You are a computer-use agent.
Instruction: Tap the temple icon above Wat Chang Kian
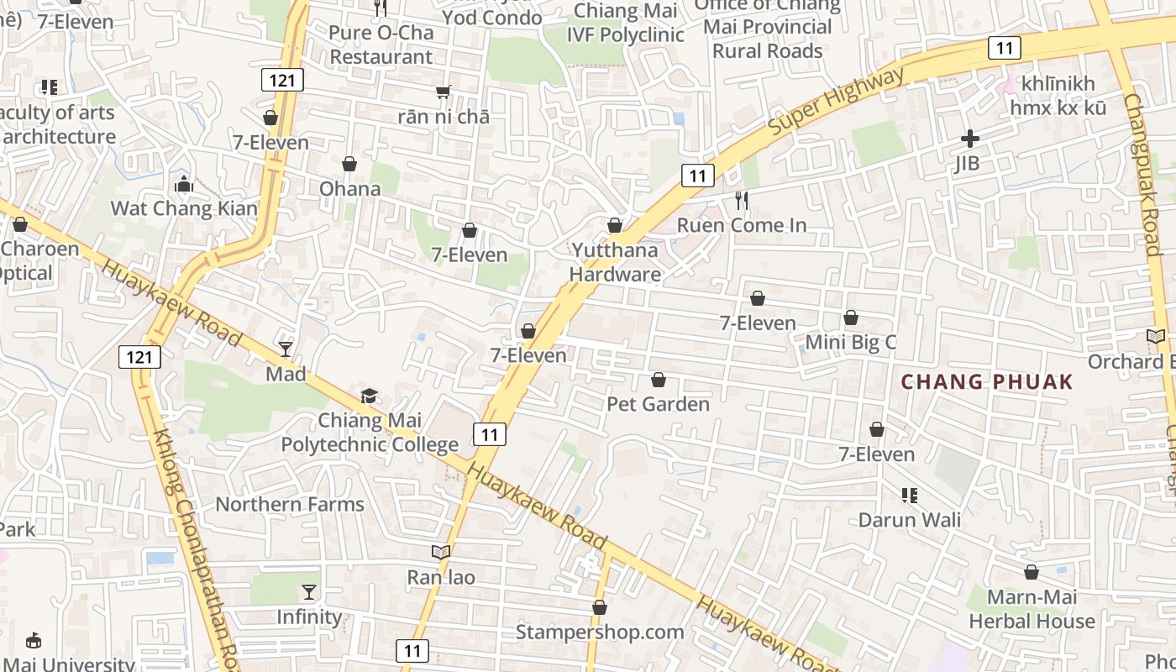(x=183, y=184)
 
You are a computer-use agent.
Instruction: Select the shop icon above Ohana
(x=349, y=164)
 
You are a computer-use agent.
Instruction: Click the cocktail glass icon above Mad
(x=286, y=349)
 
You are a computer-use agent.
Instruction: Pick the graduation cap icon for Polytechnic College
(x=369, y=396)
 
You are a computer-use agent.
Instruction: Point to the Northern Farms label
(x=290, y=504)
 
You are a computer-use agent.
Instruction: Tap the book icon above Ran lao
(x=441, y=552)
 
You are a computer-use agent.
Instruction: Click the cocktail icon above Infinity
(x=309, y=592)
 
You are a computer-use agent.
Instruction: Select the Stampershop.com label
(x=600, y=632)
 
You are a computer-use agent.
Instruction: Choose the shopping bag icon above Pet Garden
(x=659, y=380)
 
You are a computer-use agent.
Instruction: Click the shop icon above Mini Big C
(x=851, y=318)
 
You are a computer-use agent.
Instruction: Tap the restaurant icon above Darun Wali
(x=909, y=496)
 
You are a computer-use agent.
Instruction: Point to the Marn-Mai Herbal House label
(x=1032, y=610)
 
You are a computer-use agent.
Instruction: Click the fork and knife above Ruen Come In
(x=741, y=201)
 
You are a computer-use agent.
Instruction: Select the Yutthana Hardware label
(x=615, y=262)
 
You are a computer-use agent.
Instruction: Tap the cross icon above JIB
(x=970, y=139)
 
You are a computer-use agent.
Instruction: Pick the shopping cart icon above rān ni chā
(x=443, y=92)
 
